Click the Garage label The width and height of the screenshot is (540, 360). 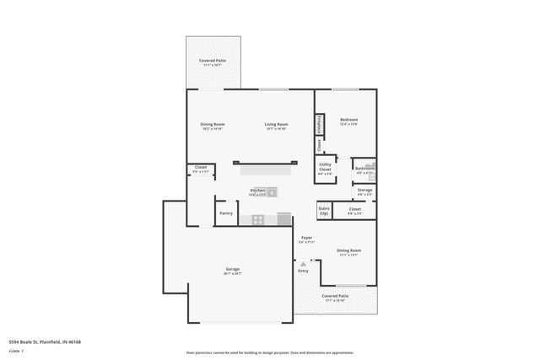233,270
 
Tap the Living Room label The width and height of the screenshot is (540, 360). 277,125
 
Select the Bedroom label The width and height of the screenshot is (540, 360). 349,120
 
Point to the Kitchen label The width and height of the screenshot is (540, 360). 257,191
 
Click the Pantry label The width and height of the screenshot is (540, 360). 226,213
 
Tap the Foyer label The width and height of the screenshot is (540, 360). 306,238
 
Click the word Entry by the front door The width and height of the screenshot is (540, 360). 303,271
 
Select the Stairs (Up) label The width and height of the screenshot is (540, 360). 323,210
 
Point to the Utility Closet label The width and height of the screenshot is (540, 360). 325,167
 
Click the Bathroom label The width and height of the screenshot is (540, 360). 364,169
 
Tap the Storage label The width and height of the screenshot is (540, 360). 364,191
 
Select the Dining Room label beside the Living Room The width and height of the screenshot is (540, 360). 212,125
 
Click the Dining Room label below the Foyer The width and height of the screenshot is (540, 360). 349,250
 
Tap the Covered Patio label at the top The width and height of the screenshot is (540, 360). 212,62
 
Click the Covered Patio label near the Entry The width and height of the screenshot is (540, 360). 335,296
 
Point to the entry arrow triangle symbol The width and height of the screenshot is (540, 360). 303,263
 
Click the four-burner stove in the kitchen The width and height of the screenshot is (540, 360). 258,220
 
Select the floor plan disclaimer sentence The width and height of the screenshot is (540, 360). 269,352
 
